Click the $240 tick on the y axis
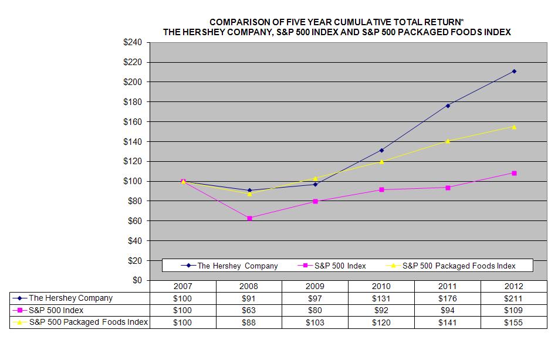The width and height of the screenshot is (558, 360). tap(132, 42)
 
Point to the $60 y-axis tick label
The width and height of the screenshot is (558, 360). tap(134, 221)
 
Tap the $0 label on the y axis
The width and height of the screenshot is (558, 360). tap(137, 280)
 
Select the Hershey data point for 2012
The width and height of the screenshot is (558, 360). tap(514, 71)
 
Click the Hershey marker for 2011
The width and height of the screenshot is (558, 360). tap(448, 106)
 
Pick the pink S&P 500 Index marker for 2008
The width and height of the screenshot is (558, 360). tap(249, 218)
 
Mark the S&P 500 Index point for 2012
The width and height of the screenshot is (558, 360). tap(514, 173)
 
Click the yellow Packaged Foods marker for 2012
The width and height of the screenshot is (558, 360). tap(514, 127)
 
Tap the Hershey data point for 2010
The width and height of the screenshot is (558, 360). tap(381, 150)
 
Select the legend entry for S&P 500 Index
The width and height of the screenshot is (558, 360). tap(339, 266)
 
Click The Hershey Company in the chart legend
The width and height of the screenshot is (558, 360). tap(237, 266)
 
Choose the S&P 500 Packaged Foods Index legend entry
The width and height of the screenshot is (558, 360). tap(458, 266)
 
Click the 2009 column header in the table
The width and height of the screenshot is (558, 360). tap(315, 286)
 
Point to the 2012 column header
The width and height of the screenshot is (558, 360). tap(513, 286)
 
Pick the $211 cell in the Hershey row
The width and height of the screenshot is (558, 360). tap(513, 298)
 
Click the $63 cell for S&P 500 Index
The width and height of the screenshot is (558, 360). tap(249, 310)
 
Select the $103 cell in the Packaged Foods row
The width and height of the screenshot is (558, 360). tap(315, 322)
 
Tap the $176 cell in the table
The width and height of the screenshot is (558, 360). tap(447, 298)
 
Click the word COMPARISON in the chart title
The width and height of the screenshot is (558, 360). tap(241, 22)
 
